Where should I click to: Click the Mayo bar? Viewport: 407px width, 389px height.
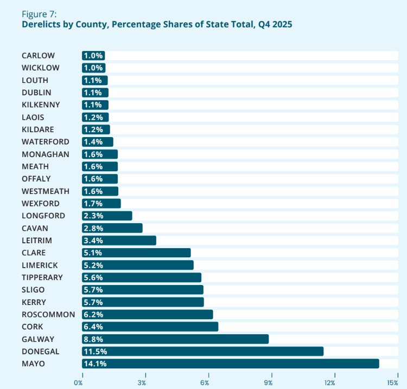pyautogui.click(x=231, y=364)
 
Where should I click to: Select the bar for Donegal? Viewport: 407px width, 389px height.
pyautogui.click(x=202, y=351)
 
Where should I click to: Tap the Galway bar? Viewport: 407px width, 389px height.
pyautogui.click(x=175, y=339)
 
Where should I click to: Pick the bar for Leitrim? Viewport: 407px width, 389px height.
pyautogui.click(x=119, y=240)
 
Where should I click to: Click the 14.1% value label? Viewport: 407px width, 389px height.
pyautogui.click(x=95, y=364)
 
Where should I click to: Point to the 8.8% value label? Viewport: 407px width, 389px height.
pyautogui.click(x=93, y=339)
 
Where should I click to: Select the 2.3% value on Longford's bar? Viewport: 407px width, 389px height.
pyautogui.click(x=93, y=216)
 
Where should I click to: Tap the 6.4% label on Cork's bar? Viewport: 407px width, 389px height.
pyautogui.click(x=93, y=327)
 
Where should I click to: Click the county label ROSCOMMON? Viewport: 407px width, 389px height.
pyautogui.click(x=48, y=314)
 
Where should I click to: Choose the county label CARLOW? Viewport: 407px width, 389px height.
pyautogui.click(x=38, y=55)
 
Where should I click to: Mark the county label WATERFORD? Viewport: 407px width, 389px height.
pyautogui.click(x=46, y=142)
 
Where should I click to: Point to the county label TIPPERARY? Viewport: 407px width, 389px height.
pyautogui.click(x=42, y=277)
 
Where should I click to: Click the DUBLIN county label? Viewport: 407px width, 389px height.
pyautogui.click(x=36, y=93)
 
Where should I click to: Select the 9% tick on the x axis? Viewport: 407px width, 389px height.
pyautogui.click(x=268, y=383)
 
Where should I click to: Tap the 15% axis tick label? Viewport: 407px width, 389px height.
pyautogui.click(x=393, y=383)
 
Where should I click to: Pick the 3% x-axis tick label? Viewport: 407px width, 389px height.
pyautogui.click(x=142, y=383)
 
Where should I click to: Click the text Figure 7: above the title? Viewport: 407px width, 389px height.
pyautogui.click(x=39, y=14)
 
